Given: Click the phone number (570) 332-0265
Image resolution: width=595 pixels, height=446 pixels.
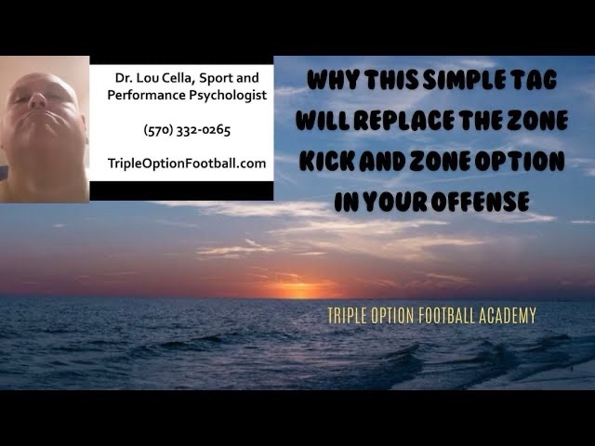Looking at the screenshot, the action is coord(187,130).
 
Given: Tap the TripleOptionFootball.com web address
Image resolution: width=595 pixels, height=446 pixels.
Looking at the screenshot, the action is coord(187,164).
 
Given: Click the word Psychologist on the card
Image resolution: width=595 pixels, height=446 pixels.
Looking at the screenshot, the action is coord(228,95).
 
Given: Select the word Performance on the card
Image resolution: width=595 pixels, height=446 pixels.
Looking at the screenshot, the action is coord(146,95).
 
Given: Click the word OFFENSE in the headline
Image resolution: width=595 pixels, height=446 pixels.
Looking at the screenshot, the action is coord(480,202).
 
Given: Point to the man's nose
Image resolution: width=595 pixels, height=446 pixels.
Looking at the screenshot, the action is coord(37,100).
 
